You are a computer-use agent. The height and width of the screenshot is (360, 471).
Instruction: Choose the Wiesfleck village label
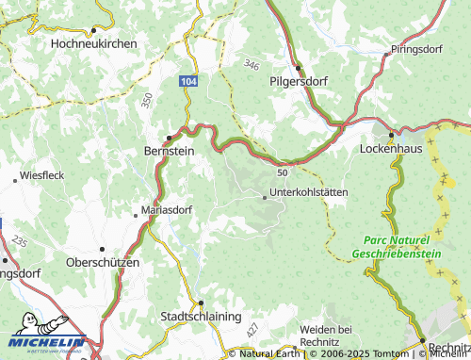(41, 175)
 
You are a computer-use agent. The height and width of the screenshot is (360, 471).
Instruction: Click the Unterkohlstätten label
(308, 192)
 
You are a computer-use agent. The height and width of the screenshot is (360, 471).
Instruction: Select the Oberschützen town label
(103, 261)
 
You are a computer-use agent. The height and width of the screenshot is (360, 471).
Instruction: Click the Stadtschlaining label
(202, 316)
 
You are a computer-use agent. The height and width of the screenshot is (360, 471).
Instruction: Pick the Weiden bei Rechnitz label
(325, 334)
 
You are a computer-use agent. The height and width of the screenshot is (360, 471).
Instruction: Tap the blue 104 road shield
(188, 83)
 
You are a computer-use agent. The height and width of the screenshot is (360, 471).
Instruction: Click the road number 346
(250, 64)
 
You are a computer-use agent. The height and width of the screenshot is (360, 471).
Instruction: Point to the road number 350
(147, 97)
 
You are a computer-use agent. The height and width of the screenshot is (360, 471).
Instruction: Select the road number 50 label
(282, 172)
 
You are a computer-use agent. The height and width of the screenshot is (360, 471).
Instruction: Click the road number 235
(21, 241)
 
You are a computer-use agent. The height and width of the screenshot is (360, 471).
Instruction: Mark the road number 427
(252, 330)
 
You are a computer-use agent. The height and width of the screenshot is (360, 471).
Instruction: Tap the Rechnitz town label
(447, 348)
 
